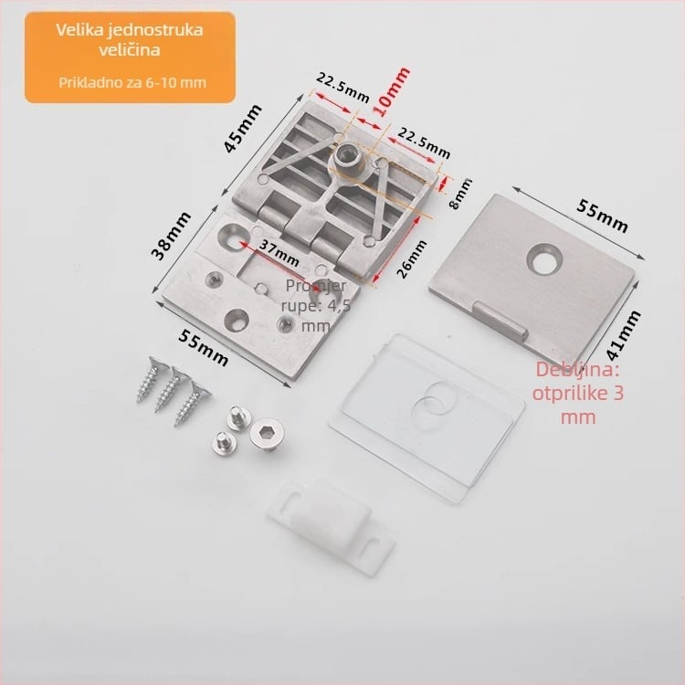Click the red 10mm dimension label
pos(393,91)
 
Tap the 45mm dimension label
pos(242,128)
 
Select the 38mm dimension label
pos(171,236)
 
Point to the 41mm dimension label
pos(624,335)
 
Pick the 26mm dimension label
pos(411,259)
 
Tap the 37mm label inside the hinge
pos(279,253)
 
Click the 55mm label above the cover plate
pos(602,216)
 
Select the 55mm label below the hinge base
pos(203,348)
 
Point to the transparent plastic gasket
pos(426,418)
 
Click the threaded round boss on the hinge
pos(350,158)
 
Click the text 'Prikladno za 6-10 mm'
pos(132,82)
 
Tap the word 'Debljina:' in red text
pos(577,370)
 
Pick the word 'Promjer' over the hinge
pos(316,286)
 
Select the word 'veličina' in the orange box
pos(130,49)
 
